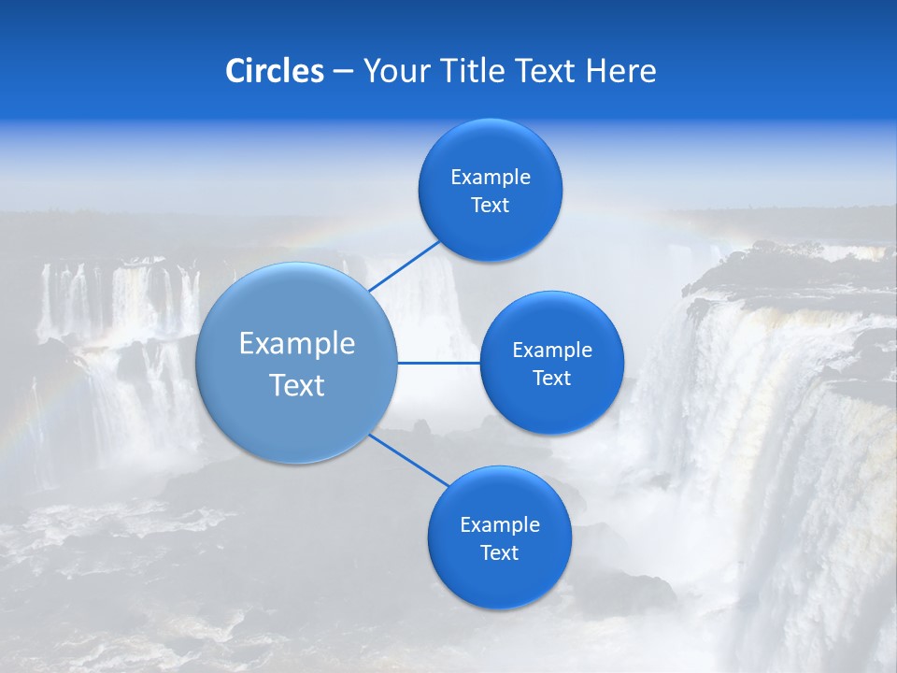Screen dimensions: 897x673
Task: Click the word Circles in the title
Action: pos(274,71)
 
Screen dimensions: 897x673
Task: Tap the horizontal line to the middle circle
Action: pos(438,363)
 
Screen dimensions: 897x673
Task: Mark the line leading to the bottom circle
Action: pos(409,460)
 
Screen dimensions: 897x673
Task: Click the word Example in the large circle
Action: pos(297,344)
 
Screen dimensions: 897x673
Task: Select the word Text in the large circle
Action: pos(297,385)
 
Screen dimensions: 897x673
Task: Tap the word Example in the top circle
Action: pos(491,178)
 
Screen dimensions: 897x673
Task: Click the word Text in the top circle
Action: pos(491,206)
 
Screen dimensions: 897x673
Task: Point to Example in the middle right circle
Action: pos(552,351)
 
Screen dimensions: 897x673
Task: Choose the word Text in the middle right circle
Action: pos(552,379)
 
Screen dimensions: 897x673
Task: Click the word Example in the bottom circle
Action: pos(500,525)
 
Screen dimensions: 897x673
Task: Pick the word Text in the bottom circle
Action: pos(500,553)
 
